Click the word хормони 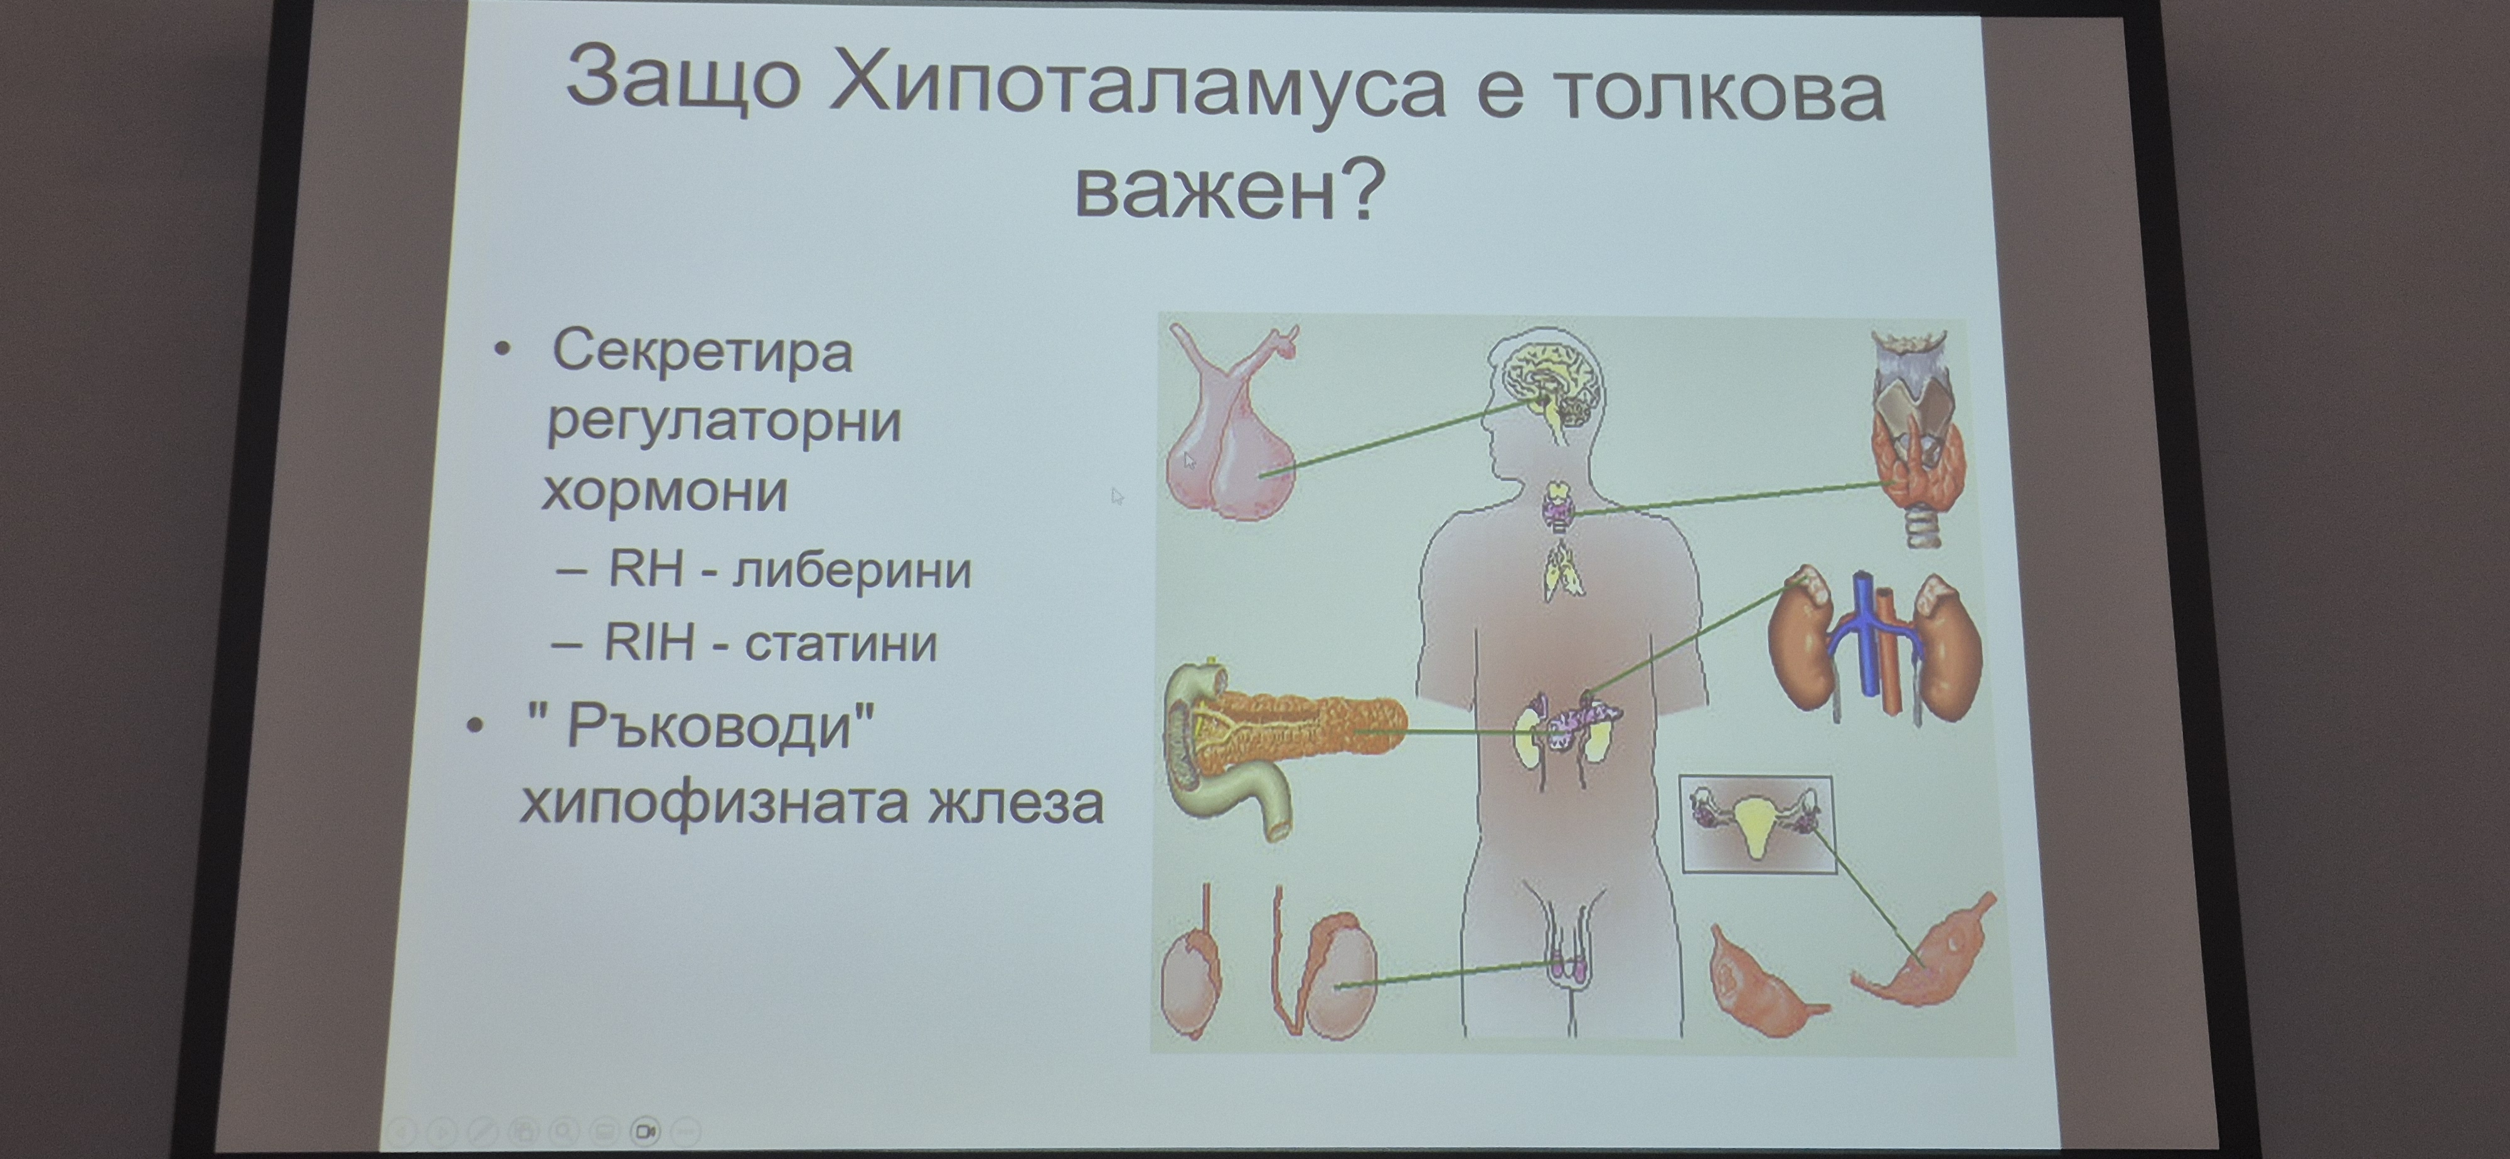[x=665, y=491]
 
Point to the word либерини [x=852, y=569]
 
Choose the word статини [x=841, y=643]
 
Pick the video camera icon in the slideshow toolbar [x=645, y=1131]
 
